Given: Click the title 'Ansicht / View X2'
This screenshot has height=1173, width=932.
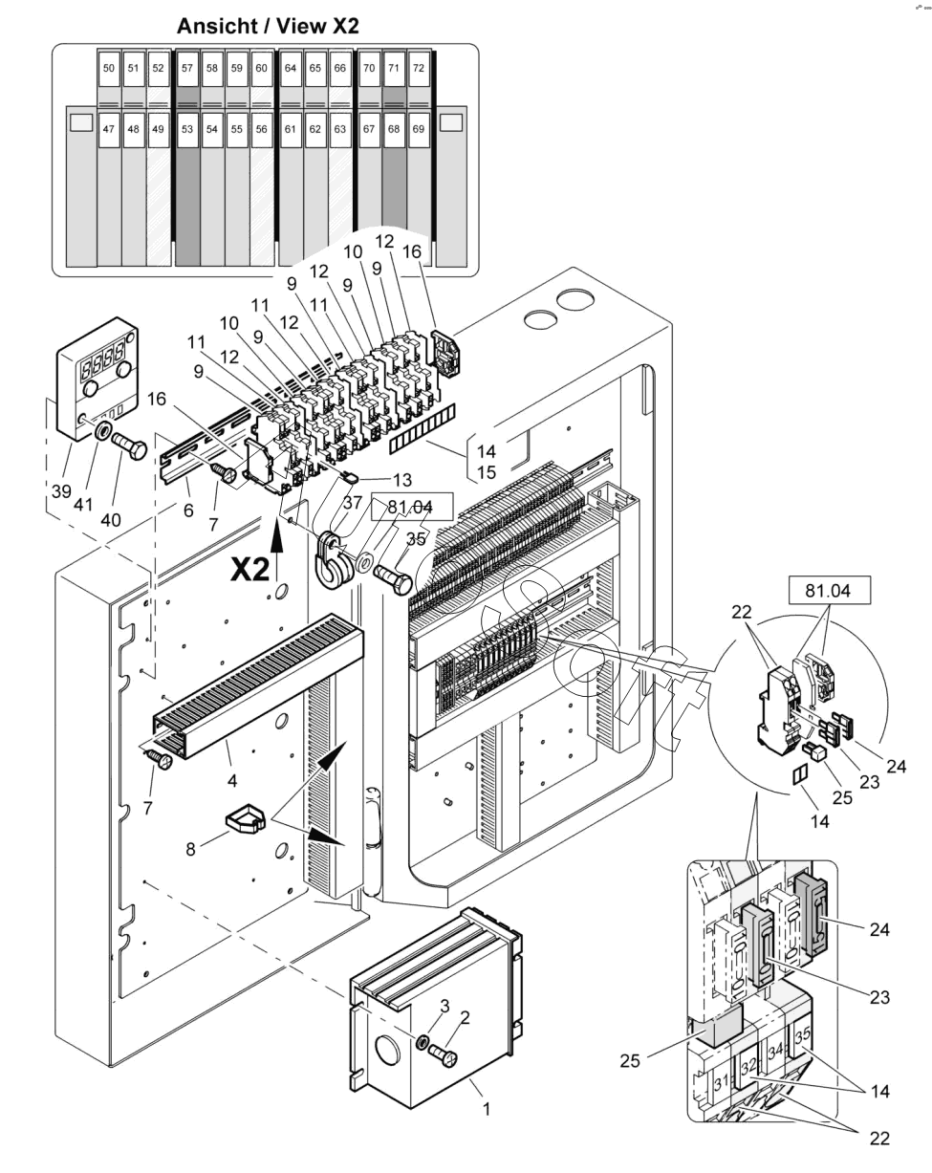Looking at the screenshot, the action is click(268, 26).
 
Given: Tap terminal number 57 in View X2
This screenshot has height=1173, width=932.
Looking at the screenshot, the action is click(187, 68).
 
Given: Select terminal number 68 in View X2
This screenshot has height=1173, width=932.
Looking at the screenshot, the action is click(394, 129).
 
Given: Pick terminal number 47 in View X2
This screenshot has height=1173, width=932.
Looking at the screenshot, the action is click(108, 129).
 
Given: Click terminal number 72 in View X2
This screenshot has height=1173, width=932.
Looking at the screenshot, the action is click(419, 68).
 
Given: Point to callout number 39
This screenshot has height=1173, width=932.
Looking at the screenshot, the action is click(61, 491).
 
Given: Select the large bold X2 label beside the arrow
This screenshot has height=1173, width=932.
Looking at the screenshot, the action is click(249, 570).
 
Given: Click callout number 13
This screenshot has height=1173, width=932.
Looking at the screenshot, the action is click(402, 480).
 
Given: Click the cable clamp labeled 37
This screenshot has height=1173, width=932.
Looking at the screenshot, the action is click(331, 561).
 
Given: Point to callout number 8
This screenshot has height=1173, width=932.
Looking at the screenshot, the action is click(190, 849).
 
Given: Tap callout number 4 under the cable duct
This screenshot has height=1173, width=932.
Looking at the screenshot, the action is click(232, 781).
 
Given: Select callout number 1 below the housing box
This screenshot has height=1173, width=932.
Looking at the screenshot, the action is click(487, 1109).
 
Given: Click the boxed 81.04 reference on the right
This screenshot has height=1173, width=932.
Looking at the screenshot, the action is click(828, 590).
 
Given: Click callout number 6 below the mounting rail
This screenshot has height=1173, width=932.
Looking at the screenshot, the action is click(188, 510).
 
